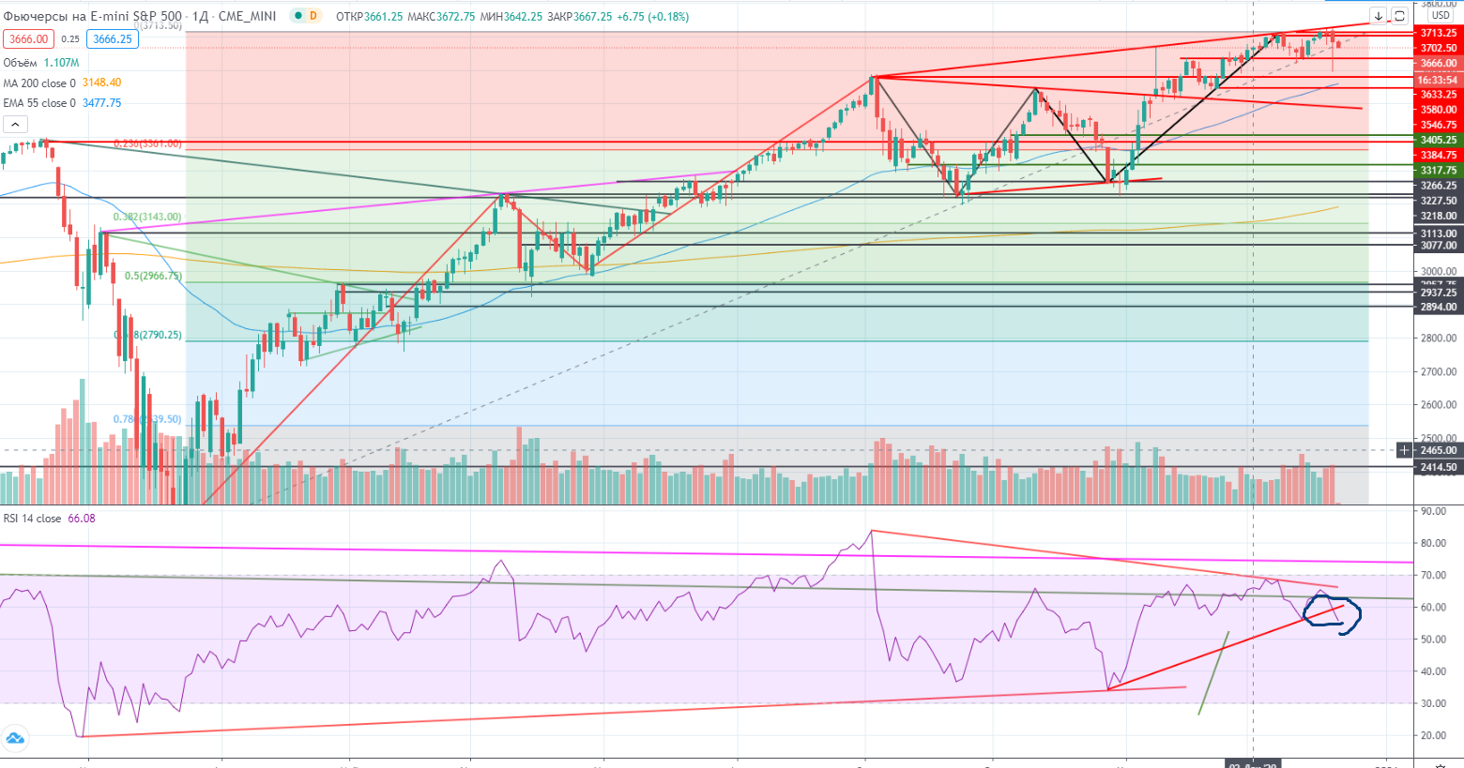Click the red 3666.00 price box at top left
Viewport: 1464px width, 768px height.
tap(28, 39)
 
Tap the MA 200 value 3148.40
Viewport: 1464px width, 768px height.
tap(101, 83)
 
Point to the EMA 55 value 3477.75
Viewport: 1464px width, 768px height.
tap(101, 103)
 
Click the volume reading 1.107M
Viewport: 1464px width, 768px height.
tap(61, 63)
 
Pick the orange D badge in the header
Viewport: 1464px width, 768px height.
tap(313, 16)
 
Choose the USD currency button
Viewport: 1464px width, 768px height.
tap(1441, 15)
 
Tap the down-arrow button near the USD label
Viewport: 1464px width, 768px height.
tap(1378, 16)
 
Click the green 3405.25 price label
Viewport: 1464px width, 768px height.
tap(1438, 140)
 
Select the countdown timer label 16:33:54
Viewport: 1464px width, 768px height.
tap(1438, 80)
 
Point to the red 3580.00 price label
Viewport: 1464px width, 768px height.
tap(1438, 110)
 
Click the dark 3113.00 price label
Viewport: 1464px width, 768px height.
tap(1438, 233)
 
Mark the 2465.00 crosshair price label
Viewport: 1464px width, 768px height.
tap(1438, 450)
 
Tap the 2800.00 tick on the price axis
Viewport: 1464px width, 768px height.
tap(1438, 339)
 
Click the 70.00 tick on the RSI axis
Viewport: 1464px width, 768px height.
tap(1432, 576)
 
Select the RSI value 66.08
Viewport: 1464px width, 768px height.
tap(82, 519)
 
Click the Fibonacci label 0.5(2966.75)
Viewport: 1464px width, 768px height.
tap(153, 277)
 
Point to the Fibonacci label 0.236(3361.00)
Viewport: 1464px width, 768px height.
tap(147, 143)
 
